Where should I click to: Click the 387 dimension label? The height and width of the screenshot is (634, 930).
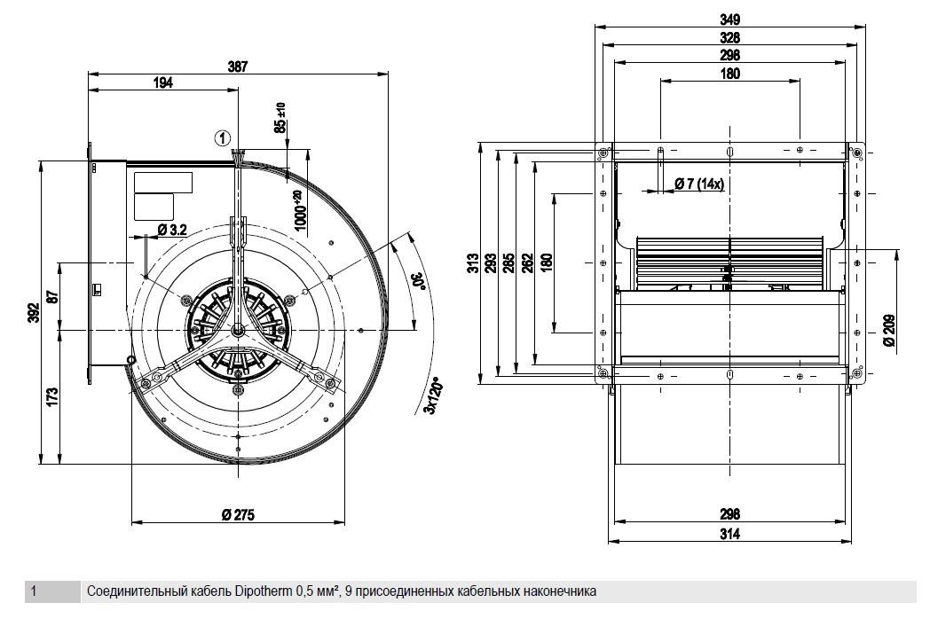point(238,67)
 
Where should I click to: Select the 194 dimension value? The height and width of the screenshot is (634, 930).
point(163,83)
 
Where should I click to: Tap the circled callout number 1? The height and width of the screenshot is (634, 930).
point(223,138)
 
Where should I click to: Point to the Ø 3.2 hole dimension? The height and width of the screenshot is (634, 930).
point(172,230)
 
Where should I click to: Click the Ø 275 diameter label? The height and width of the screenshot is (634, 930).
point(238,515)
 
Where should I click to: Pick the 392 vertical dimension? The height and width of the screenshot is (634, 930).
point(34,313)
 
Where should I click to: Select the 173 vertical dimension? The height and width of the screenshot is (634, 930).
point(52,397)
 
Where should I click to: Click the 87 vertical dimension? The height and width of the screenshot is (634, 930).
point(52,296)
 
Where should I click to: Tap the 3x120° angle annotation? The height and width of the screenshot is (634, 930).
point(436,397)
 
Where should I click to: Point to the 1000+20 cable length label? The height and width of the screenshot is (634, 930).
point(300,210)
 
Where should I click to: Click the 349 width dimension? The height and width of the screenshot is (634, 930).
point(729,19)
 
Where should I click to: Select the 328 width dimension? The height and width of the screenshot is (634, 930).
point(729,37)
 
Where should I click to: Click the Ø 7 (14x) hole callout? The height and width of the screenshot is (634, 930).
point(700,184)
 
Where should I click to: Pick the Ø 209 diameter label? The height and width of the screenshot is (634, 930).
point(889,331)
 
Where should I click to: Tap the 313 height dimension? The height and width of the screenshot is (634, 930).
point(473,262)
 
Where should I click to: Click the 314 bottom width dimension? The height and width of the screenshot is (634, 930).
point(730,534)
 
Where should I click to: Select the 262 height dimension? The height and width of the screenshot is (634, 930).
point(527,262)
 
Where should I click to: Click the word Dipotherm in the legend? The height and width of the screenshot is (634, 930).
point(264,591)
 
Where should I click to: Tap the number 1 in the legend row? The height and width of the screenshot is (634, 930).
point(34,591)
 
